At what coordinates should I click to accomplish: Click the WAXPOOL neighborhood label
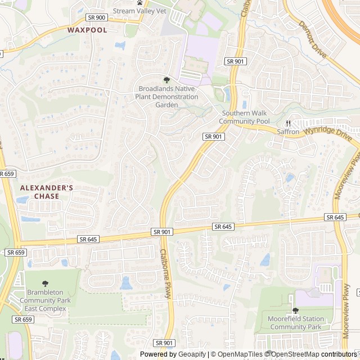coord(87,30)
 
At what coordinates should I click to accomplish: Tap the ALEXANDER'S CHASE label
coord(47,192)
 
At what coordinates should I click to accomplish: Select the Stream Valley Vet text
coord(139,11)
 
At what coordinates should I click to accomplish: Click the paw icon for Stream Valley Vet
coord(139,2)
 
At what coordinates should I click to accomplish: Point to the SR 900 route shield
coord(97,17)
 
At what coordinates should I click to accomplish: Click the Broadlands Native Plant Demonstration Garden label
coord(166,97)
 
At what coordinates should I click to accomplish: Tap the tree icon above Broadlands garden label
coord(166,80)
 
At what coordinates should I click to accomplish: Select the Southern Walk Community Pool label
coord(244,117)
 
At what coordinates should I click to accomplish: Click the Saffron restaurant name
coord(288,132)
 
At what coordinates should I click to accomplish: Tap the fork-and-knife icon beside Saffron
coord(287,123)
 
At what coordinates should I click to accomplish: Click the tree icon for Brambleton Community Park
coord(46,283)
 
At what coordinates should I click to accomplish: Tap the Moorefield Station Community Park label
coord(295,323)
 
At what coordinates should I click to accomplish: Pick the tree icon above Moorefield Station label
coord(295,310)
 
